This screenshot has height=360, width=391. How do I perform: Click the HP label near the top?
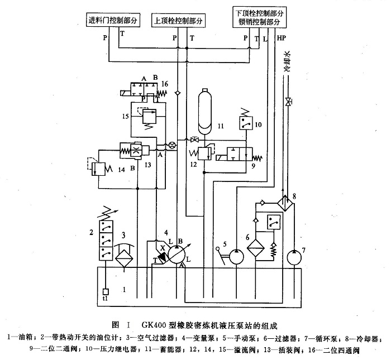[x=280, y=39]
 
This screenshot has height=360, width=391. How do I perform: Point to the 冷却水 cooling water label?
[x=288, y=62]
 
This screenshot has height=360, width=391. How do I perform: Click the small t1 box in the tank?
[x=104, y=290]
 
